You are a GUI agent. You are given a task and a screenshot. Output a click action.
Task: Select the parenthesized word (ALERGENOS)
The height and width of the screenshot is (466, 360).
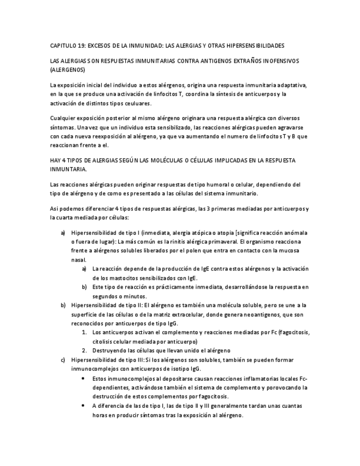pos(67,70)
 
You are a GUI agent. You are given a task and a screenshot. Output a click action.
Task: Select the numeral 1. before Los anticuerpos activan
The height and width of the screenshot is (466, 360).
pos(84,332)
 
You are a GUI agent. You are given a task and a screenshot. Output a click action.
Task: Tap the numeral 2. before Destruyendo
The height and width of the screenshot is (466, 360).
pos(84,350)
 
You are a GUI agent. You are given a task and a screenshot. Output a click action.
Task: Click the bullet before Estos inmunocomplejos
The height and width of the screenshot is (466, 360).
pos(83,379)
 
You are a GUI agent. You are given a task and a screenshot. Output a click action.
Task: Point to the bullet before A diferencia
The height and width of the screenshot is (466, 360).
pos(83,406)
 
